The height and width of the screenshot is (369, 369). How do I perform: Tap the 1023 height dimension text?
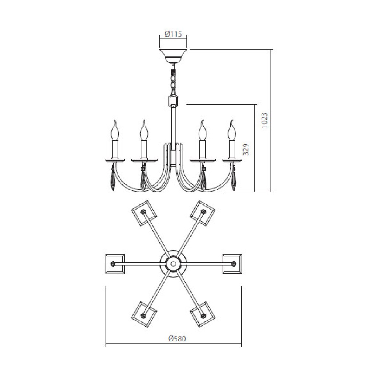click(x=264, y=120)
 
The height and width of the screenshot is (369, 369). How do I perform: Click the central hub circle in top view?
click(x=173, y=263)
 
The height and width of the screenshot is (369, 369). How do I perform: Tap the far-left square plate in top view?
click(x=115, y=263)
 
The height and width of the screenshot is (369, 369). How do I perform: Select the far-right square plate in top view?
click(x=232, y=263)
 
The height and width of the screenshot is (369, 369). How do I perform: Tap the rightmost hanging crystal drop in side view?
click(x=234, y=179)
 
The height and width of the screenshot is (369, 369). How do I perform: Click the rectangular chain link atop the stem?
click(x=173, y=100)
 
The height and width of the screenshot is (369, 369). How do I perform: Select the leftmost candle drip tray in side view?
click(x=115, y=160)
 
